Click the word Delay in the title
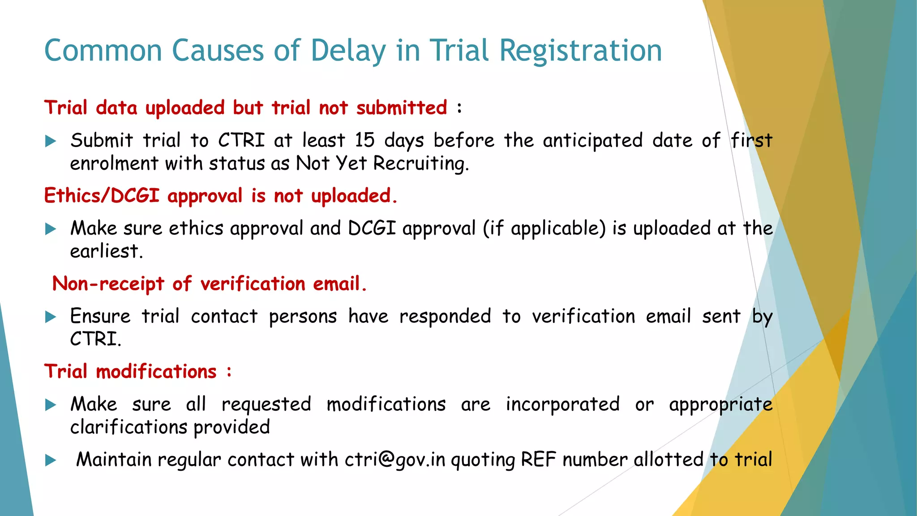(x=348, y=50)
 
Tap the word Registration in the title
(x=580, y=50)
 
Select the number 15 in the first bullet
(x=364, y=140)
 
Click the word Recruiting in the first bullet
(x=421, y=163)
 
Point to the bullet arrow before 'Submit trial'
(x=51, y=142)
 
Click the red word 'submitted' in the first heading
(x=402, y=108)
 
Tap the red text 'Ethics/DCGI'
(x=102, y=196)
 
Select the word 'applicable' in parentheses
(x=558, y=228)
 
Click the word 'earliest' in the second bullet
(x=106, y=251)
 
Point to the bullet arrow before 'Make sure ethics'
(x=51, y=229)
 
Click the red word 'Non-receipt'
(x=108, y=284)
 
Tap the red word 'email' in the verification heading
(x=339, y=284)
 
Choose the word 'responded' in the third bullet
(x=445, y=316)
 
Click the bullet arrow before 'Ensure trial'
(x=51, y=318)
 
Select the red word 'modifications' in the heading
(x=156, y=372)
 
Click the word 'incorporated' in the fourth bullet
(x=563, y=404)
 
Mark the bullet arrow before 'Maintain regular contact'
(x=51, y=460)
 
